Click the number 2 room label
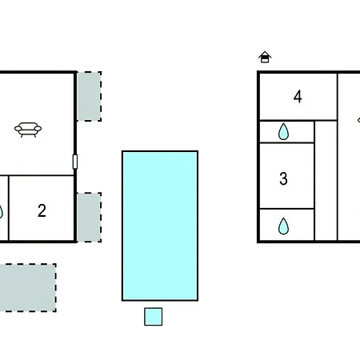point(42,210)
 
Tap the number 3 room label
point(283,178)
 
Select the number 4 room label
point(298,97)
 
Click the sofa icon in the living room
point(28,130)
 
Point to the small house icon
point(265,57)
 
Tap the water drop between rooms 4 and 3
point(283,131)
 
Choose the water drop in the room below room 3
point(283,226)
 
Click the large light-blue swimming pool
point(160,226)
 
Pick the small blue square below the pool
point(154,317)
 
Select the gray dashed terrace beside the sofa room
point(90,96)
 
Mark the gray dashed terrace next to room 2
point(90,218)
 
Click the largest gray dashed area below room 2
point(28,288)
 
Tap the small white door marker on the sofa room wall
point(75,162)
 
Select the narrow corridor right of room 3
point(326,181)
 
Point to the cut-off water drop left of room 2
point(1,212)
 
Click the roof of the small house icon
point(265,54)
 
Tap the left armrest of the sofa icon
point(18,129)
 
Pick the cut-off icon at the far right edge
point(358,120)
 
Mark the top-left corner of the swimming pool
point(122,151)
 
